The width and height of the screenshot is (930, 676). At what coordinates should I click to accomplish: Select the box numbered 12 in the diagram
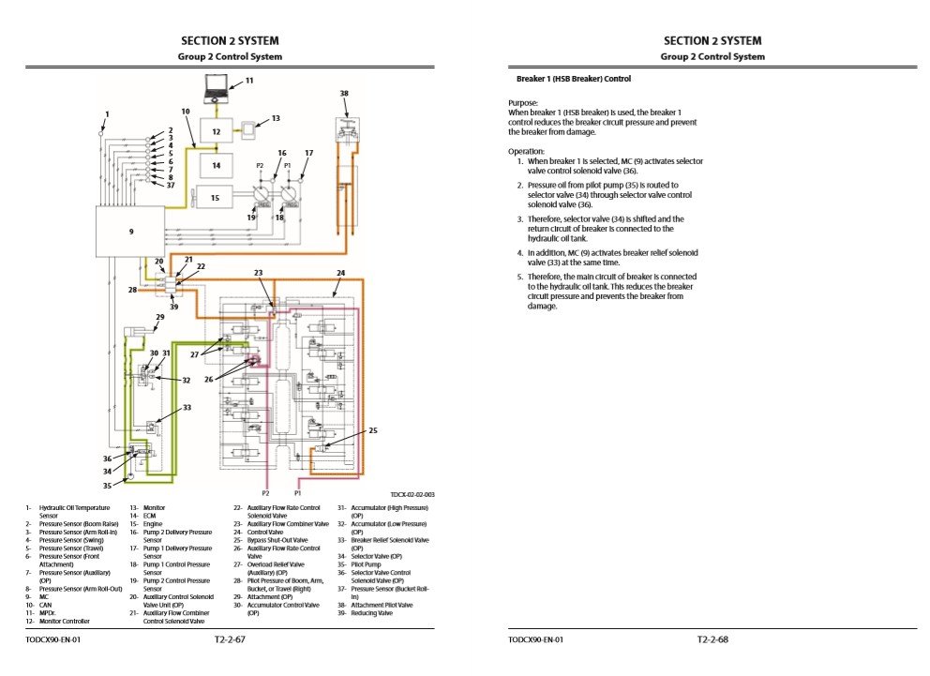click(x=216, y=133)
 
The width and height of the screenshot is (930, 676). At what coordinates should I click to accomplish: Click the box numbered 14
click(x=216, y=165)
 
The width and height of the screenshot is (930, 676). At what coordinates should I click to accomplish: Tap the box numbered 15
click(x=216, y=198)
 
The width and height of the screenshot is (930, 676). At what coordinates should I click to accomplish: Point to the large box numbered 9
click(x=129, y=231)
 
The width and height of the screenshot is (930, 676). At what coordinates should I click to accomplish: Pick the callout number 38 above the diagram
click(x=344, y=94)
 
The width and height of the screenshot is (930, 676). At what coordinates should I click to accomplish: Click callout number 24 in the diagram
click(x=341, y=273)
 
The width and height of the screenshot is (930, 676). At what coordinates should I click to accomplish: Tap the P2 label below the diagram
click(x=265, y=492)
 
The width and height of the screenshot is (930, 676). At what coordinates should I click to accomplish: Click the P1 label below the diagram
click(x=298, y=492)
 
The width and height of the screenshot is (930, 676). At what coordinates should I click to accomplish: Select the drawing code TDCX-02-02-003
click(x=412, y=494)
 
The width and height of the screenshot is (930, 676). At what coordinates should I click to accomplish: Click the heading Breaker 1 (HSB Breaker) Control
click(x=574, y=79)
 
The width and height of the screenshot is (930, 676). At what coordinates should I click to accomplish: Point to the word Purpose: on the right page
click(x=523, y=102)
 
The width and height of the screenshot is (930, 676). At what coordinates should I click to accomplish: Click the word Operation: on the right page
click(x=526, y=151)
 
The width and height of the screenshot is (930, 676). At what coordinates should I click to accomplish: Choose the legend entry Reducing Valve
click(x=371, y=613)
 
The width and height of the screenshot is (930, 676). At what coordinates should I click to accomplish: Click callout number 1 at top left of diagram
click(x=107, y=114)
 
